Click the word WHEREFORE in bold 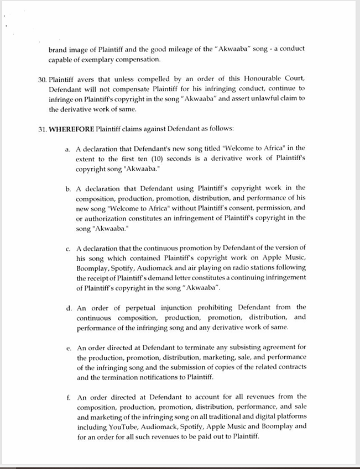[71, 129]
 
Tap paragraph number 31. [41, 129]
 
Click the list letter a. [69, 149]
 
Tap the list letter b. [69, 189]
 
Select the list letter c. [69, 248]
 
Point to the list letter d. [69, 308]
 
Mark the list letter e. [69, 348]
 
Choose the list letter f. [69, 397]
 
